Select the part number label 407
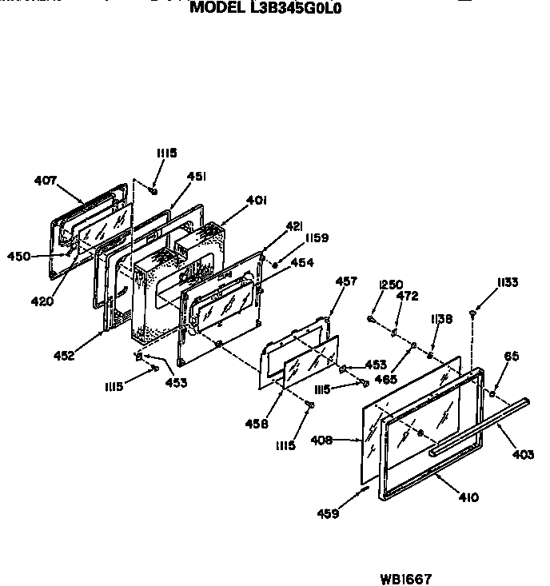point(46,181)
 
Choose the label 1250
point(391,284)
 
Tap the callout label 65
point(512,357)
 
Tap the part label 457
point(346,281)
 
